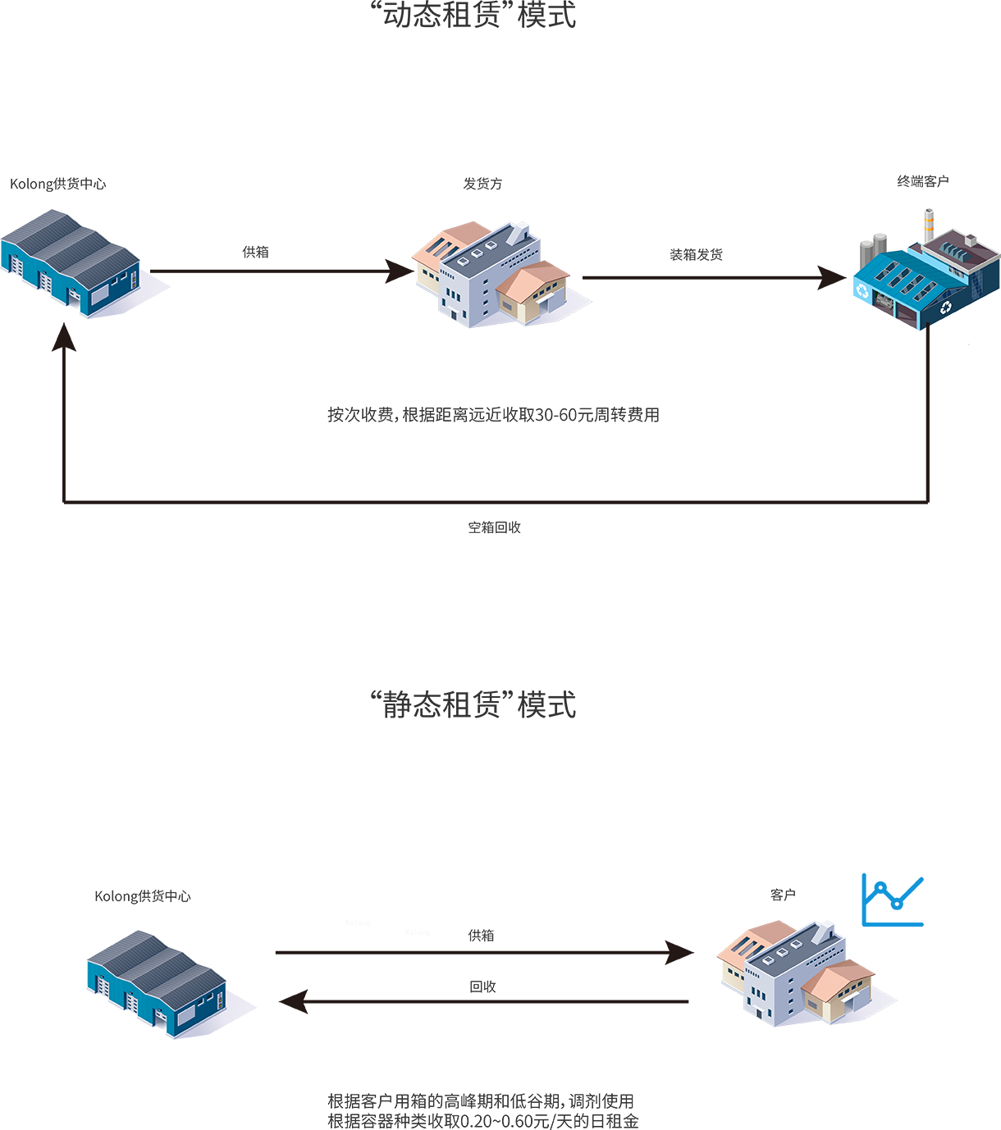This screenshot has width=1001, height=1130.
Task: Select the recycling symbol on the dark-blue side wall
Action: (x=947, y=307)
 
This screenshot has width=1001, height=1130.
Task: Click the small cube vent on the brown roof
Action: (x=971, y=240)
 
